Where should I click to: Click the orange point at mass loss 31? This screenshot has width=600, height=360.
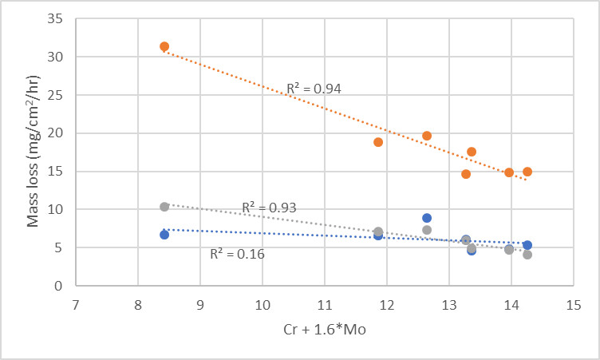point(164,47)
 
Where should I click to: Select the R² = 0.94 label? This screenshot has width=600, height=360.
point(314,89)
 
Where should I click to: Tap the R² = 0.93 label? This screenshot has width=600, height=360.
point(269,208)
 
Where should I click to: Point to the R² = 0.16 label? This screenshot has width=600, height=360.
point(237,255)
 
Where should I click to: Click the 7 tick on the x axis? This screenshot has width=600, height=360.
point(76,305)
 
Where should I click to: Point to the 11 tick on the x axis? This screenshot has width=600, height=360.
point(324,305)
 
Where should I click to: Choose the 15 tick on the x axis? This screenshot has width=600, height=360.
point(571,305)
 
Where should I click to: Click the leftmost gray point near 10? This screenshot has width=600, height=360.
point(164,207)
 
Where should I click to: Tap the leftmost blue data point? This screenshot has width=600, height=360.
point(164,235)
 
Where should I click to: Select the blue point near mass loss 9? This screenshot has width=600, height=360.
point(427,218)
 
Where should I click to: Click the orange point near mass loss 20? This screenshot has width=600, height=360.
point(427,136)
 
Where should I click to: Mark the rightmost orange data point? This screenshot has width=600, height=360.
point(527,172)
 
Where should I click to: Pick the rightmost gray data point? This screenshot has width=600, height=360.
point(527,255)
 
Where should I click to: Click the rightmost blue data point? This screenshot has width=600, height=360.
point(527,245)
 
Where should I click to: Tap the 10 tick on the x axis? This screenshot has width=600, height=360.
point(262,305)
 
